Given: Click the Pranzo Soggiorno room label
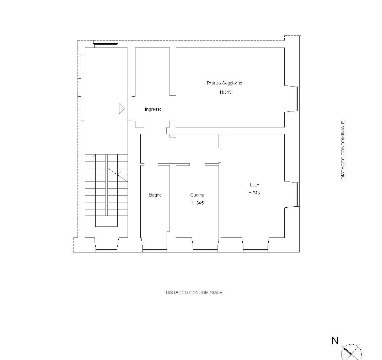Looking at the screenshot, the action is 224,83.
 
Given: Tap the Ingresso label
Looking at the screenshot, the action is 153,109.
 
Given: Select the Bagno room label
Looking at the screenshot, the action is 155,195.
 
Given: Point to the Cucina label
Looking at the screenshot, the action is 197,195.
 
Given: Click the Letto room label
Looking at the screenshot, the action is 254,185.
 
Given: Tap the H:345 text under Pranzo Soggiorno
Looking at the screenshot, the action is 226,92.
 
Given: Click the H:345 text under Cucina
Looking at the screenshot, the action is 198,203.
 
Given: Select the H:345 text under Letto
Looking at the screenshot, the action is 254,193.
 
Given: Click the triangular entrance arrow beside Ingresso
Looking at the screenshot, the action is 122,109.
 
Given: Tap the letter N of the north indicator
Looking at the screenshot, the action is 335,340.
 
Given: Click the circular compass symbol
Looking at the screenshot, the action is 351,352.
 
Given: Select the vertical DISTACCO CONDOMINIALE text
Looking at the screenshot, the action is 343,150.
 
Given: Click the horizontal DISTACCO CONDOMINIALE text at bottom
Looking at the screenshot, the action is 194,292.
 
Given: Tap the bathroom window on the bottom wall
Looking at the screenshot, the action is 155,250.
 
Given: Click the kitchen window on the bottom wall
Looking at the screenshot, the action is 205,250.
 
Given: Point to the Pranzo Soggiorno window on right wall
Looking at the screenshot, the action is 297,99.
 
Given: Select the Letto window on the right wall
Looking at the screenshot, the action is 297,195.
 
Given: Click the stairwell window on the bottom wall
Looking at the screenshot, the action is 106,250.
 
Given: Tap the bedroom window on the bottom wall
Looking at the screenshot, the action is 255,250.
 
